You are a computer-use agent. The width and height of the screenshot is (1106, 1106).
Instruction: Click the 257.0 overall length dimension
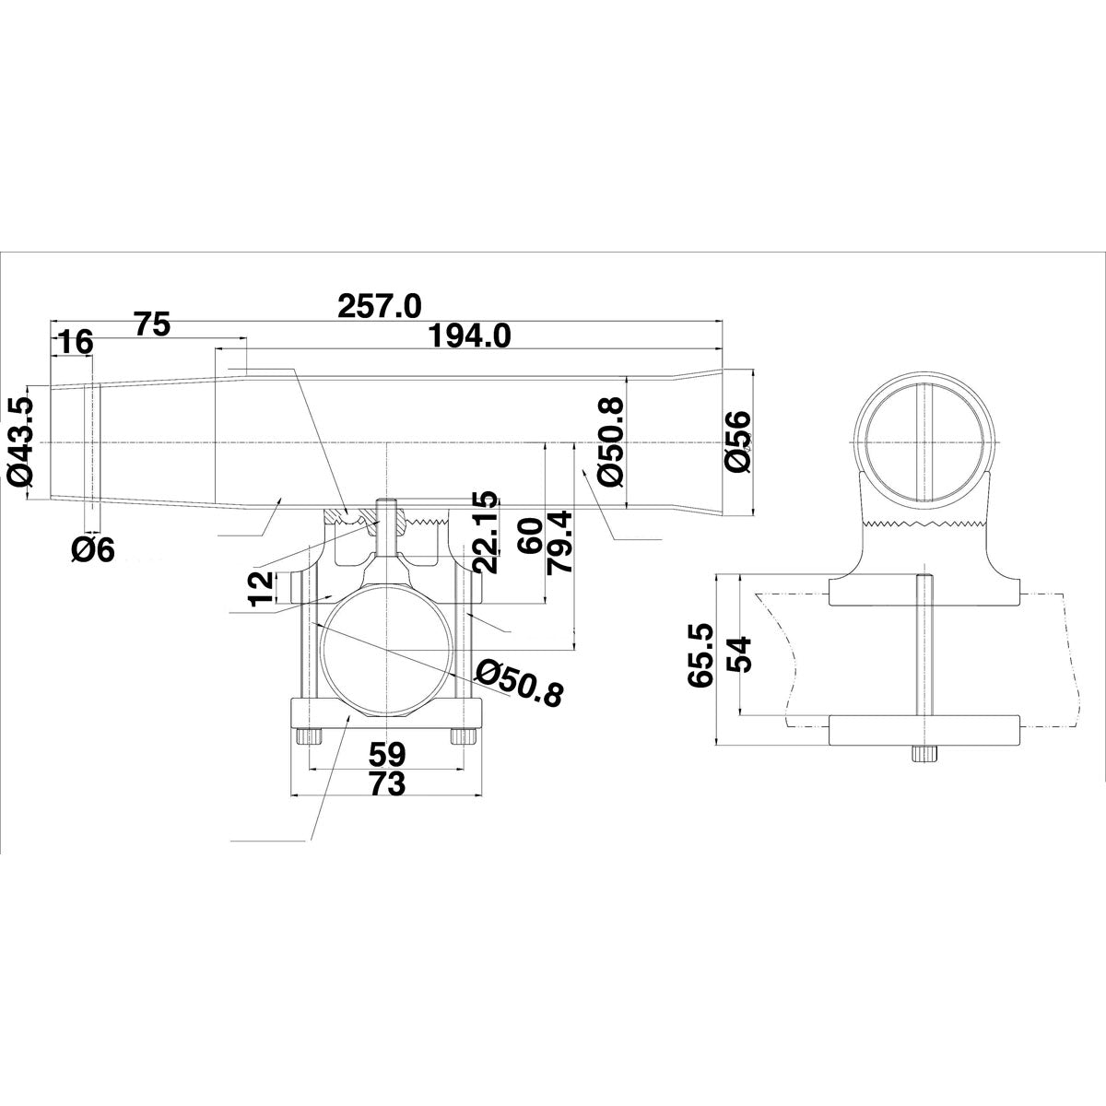pyautogui.click(x=380, y=306)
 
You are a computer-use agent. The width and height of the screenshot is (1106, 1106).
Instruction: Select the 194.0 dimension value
pyautogui.click(x=470, y=335)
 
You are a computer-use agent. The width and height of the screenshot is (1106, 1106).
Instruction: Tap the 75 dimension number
pyautogui.click(x=152, y=324)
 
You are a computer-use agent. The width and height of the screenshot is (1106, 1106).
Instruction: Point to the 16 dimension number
pyautogui.click(x=76, y=343)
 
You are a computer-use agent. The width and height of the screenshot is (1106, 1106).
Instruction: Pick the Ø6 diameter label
pyautogui.click(x=93, y=550)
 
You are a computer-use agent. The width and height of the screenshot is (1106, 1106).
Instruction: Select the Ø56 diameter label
pyautogui.click(x=737, y=442)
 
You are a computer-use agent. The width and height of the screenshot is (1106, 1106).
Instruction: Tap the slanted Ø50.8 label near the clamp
pyautogui.click(x=521, y=683)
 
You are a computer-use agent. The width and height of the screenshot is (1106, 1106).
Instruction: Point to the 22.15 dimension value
pyautogui.click(x=485, y=531)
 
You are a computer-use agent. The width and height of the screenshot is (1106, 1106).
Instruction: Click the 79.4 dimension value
pyautogui.click(x=559, y=542)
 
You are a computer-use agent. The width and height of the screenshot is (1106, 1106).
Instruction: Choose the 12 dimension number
pyautogui.click(x=261, y=588)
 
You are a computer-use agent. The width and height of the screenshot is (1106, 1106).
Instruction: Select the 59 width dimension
pyautogui.click(x=387, y=754)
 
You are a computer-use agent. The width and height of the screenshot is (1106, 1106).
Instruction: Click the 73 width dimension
pyautogui.click(x=387, y=783)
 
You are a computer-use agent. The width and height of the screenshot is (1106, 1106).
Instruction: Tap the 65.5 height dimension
pyautogui.click(x=700, y=654)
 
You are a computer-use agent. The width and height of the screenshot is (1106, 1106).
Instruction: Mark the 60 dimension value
pyautogui.click(x=529, y=535)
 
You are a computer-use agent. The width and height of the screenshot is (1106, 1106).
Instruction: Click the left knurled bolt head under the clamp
pyautogui.click(x=309, y=736)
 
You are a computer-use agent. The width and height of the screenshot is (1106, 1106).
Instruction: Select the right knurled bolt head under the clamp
pyautogui.click(x=464, y=736)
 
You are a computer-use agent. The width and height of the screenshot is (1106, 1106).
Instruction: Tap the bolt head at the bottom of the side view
pyautogui.click(x=924, y=754)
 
